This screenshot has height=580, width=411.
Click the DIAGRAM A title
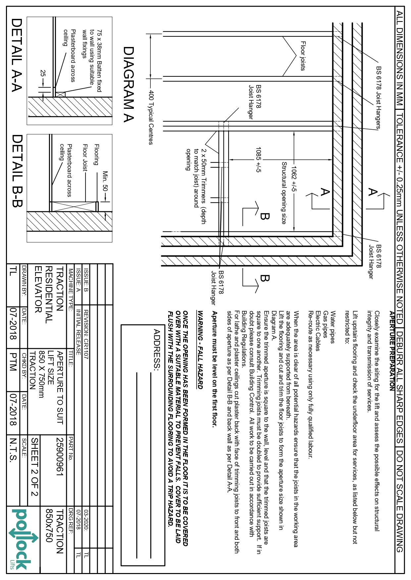click(x=128, y=84)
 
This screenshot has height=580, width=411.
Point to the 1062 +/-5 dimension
click(x=294, y=178)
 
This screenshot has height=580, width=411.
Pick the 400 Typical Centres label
click(x=151, y=117)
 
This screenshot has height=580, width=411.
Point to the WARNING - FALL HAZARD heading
click(x=200, y=349)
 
